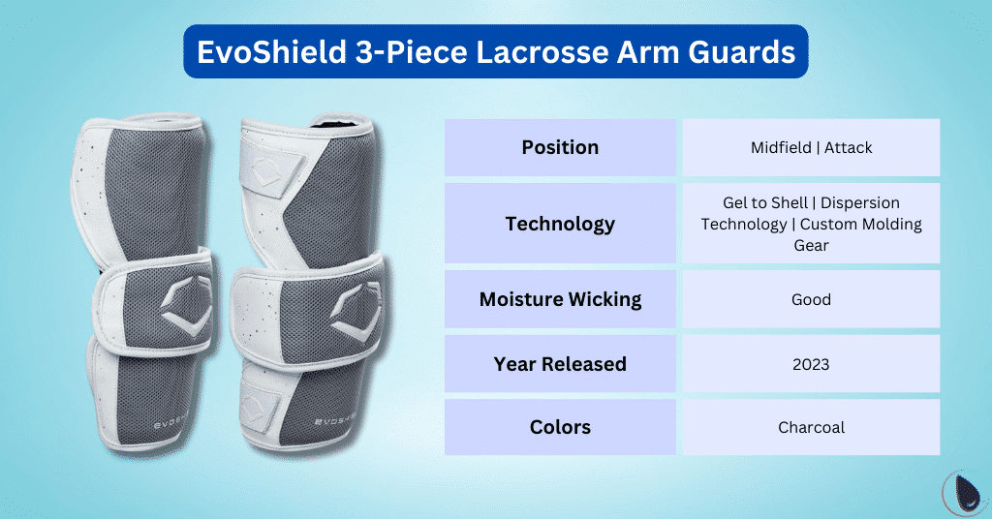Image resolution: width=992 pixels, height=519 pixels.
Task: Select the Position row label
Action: (560, 147)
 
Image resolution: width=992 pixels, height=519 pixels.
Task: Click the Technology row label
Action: (560, 224)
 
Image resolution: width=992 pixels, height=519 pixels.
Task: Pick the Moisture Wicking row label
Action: (560, 299)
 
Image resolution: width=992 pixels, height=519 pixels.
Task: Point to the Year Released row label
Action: (560, 364)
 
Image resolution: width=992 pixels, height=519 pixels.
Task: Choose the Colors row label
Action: (560, 427)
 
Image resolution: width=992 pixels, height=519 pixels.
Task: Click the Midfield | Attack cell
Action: (811, 147)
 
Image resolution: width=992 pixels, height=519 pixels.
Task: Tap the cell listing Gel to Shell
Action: (811, 224)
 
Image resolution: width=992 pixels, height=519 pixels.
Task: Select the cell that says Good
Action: (811, 299)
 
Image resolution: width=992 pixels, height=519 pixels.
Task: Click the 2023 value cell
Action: (811, 364)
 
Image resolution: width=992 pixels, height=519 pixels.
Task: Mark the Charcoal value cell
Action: (811, 427)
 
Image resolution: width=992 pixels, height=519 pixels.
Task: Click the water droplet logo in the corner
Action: (963, 490)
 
